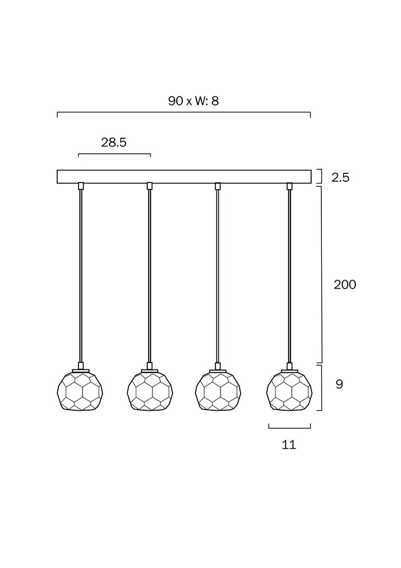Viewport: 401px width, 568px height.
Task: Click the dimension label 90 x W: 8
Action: pos(194,101)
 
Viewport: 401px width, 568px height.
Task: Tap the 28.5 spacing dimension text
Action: pos(114,142)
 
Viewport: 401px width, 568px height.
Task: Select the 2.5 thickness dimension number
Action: pos(340,177)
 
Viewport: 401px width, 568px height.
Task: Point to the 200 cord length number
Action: pos(345,285)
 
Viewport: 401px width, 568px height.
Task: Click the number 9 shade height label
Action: pos(339,384)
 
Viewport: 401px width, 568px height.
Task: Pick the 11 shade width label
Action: pos(289,445)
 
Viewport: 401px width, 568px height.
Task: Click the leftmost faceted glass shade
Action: pos(80,390)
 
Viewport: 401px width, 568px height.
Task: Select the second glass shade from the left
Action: pos(150,390)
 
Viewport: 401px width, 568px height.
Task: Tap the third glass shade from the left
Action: pos(218,390)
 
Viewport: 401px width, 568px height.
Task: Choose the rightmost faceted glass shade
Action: pos(290,390)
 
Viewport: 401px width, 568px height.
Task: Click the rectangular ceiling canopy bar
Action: pos(184,176)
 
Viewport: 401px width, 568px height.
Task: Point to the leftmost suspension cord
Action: pos(81,276)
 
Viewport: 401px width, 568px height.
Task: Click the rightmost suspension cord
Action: pos(289,276)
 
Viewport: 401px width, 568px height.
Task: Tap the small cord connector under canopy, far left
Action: pos(81,186)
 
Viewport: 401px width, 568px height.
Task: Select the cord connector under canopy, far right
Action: pos(289,186)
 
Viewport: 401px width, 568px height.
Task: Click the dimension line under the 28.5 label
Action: pos(114,154)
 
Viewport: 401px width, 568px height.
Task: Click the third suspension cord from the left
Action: pos(218,276)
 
